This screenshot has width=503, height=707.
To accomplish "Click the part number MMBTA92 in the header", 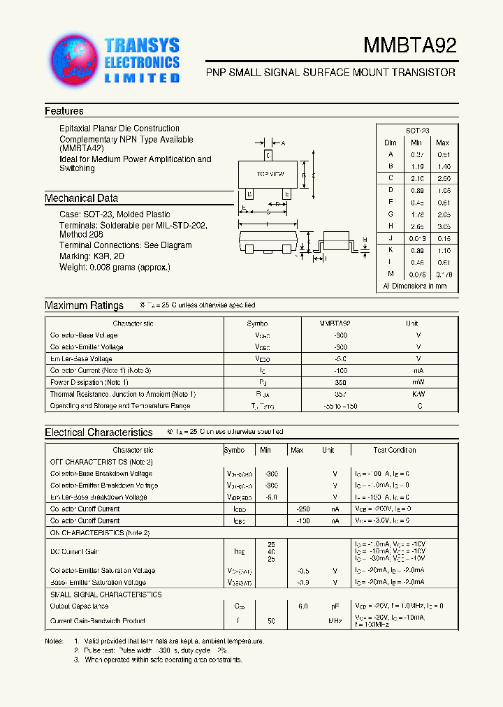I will coord(409,46).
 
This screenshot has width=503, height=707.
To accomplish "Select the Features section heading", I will coord(64,111).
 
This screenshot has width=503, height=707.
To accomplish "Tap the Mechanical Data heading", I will coord(81,198).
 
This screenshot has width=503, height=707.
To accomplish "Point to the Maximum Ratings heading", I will coord(84,305).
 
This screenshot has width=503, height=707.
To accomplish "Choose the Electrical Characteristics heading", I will coord(99,432).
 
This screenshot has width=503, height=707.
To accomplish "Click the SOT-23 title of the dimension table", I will coord(418,131).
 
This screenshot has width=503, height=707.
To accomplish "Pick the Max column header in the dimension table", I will coord(442,143).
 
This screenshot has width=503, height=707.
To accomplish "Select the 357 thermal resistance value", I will coord(340,394).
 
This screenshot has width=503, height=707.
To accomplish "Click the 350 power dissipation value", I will coord(340,382).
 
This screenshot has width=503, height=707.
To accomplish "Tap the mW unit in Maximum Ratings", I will coord(418,382).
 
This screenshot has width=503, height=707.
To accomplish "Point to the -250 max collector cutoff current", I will coord(302,509).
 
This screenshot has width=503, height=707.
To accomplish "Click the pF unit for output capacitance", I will coord(335,606).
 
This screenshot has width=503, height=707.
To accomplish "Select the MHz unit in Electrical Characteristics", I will coord(335,620).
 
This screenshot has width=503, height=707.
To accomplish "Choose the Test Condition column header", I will coord(394,450).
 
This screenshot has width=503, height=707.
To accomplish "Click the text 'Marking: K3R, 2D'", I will coord(94,256).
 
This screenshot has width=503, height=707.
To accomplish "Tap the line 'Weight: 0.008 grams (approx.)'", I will coord(115,267).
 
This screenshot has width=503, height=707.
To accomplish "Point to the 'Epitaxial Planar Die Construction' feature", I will coord(119,129).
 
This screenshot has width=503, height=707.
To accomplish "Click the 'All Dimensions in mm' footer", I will coord(415,286).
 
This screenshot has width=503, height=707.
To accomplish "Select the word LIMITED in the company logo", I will coord(142,78).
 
